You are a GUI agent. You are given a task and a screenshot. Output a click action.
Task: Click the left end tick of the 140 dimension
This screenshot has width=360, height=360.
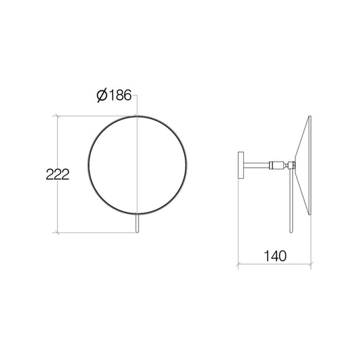(x=238, y=266)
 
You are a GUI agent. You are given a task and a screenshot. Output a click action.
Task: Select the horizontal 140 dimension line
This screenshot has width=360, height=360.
(x=274, y=266)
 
